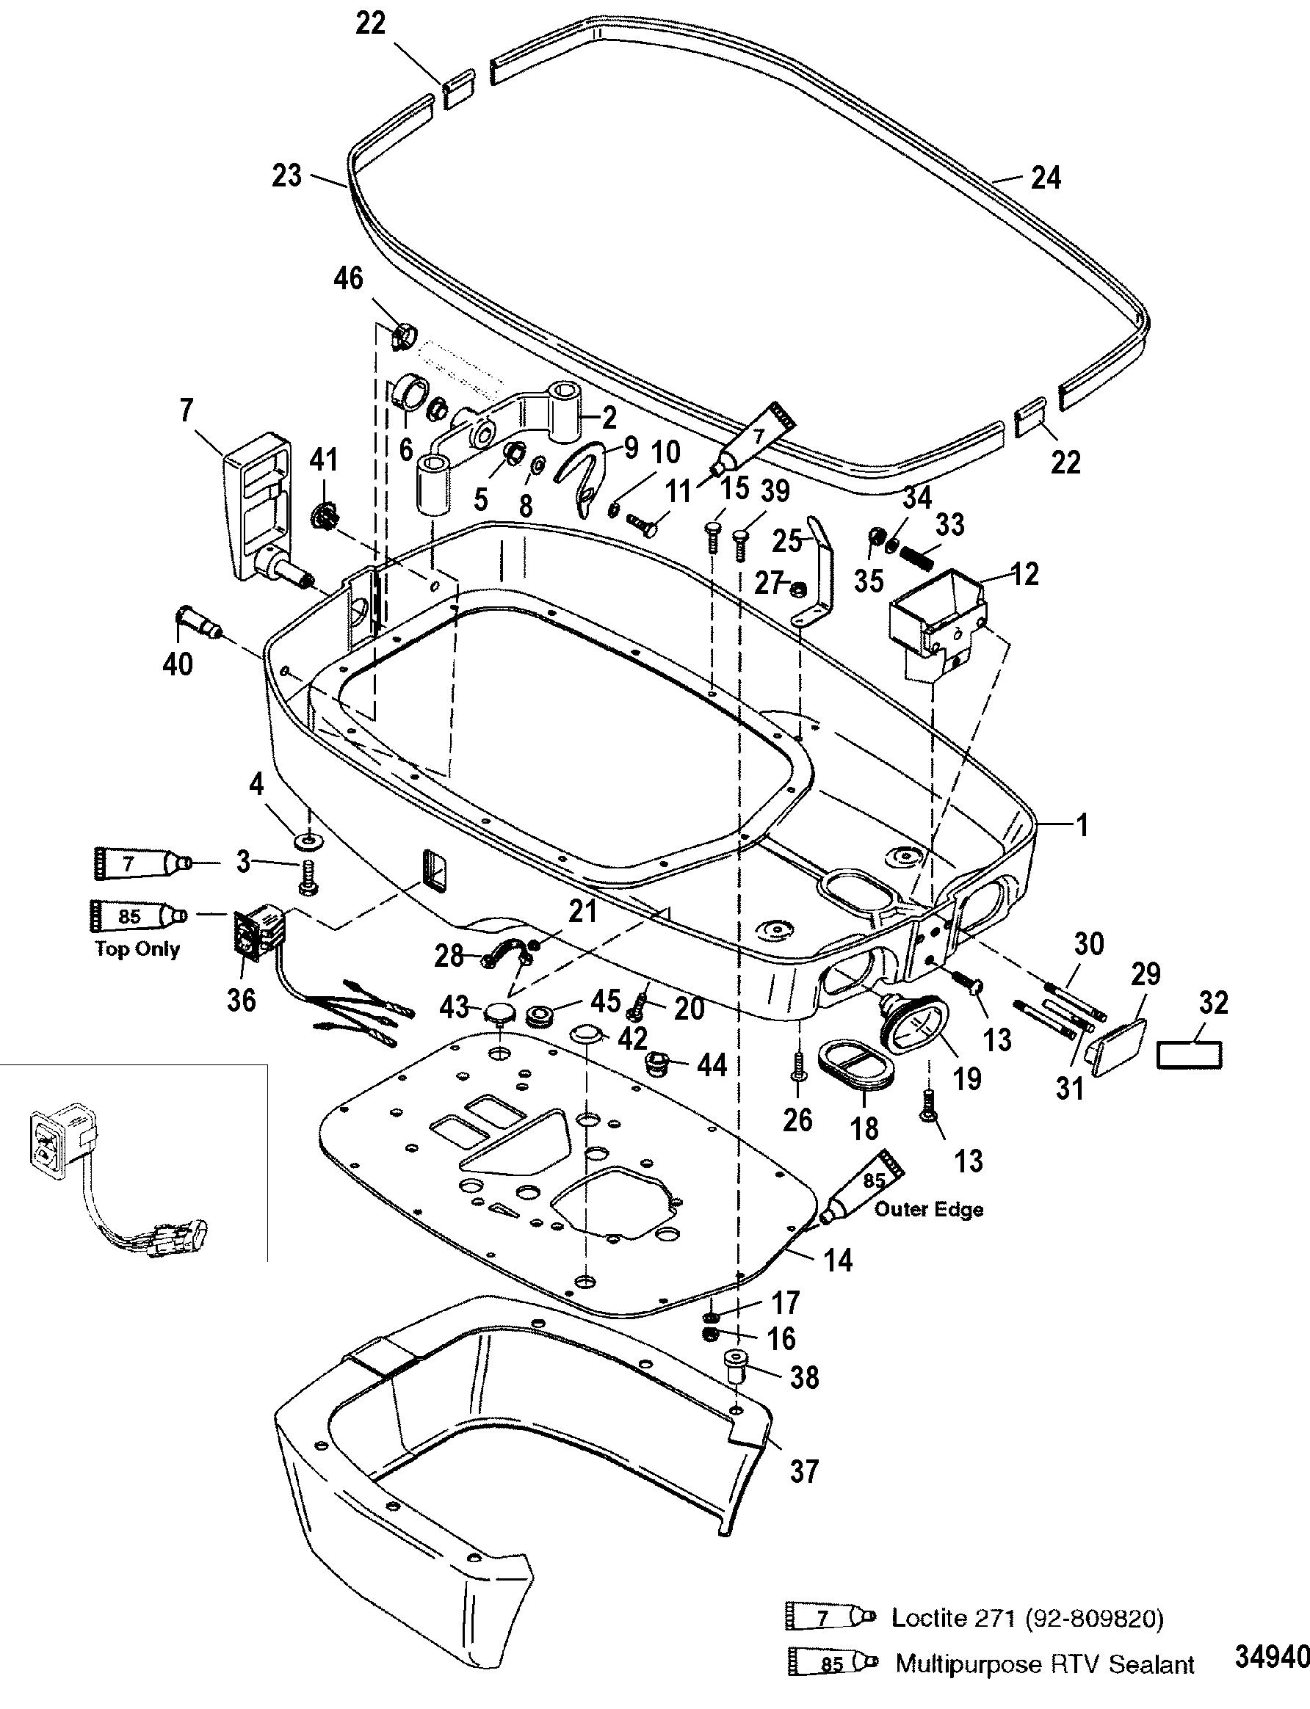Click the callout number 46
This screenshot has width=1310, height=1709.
point(349,278)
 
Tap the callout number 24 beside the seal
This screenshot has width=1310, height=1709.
point(1045,178)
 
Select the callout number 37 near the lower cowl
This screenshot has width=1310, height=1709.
point(804,1471)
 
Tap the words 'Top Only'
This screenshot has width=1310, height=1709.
point(137,949)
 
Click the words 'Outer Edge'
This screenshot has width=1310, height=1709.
point(929,1209)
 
